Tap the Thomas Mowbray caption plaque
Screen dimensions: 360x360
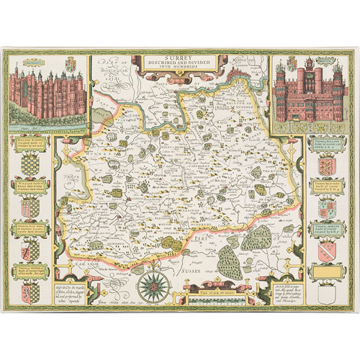tap(28, 270)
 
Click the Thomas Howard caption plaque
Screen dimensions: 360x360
tap(329, 231)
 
